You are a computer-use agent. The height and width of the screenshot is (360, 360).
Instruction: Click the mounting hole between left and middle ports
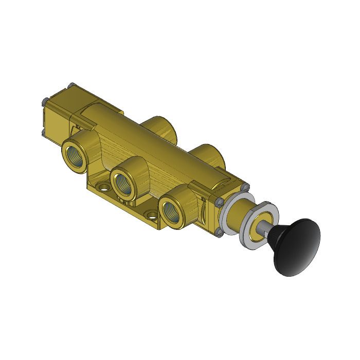[103, 186]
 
